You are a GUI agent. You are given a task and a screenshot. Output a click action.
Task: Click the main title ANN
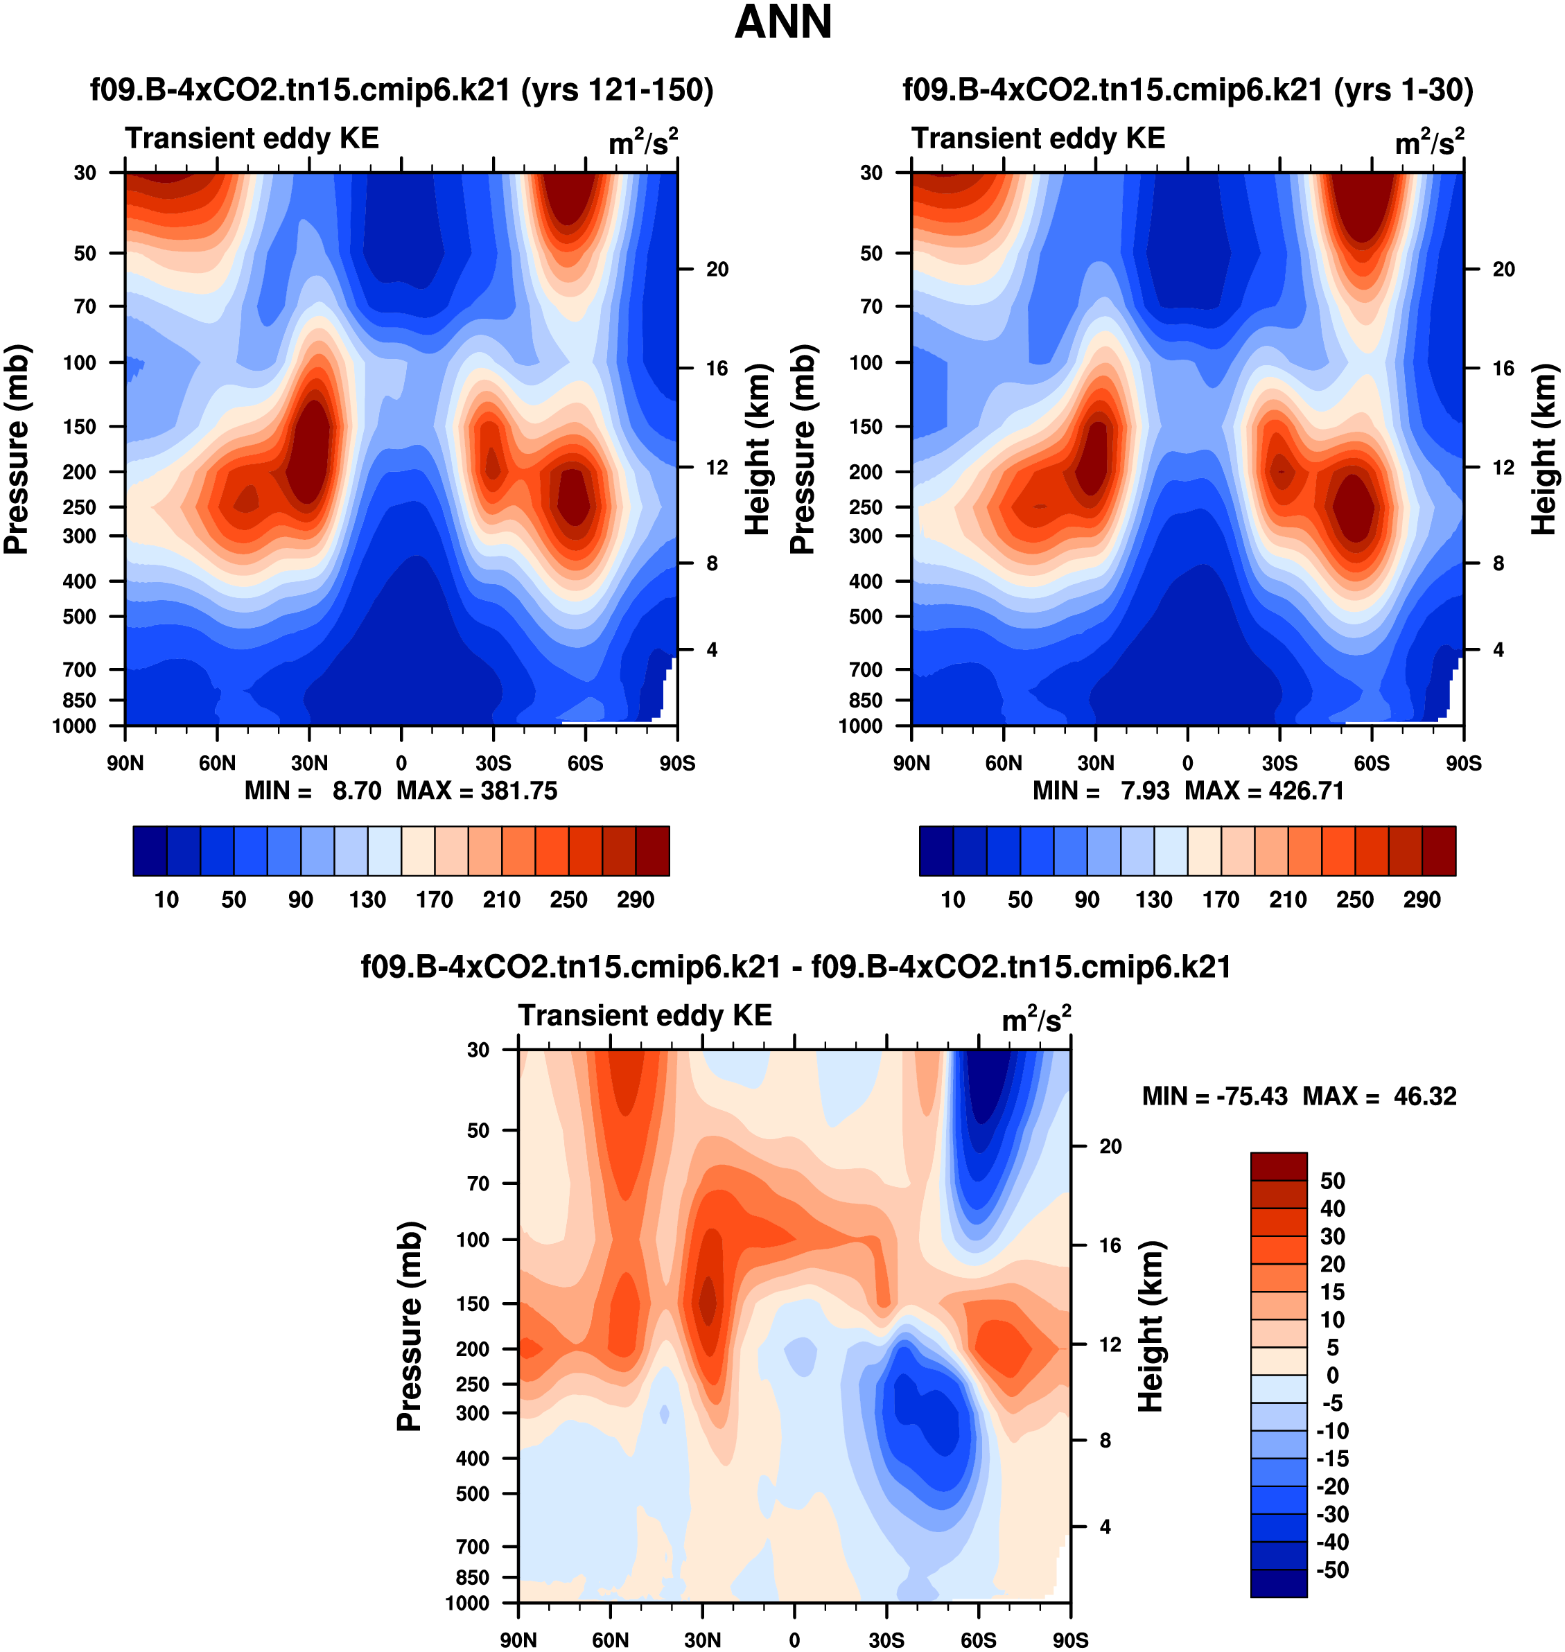782,22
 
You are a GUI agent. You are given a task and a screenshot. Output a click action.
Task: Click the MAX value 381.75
518,791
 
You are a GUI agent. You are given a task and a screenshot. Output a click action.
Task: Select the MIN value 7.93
1144,791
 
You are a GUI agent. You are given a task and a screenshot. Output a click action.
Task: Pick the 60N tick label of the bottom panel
610,1640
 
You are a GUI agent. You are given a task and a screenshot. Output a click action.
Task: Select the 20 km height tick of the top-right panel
1503,270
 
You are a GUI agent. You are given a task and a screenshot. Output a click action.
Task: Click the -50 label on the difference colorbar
1332,1570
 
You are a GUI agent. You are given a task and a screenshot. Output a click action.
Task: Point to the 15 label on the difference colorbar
1332,1292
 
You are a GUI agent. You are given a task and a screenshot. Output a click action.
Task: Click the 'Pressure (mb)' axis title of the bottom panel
410,1326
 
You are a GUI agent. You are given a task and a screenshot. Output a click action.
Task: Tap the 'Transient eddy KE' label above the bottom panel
645,1015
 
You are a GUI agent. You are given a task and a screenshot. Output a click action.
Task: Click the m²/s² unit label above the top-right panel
1429,142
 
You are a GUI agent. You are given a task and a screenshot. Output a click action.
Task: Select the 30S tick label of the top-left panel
493,763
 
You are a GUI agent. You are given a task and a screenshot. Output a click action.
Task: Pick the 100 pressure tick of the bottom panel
472,1239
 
